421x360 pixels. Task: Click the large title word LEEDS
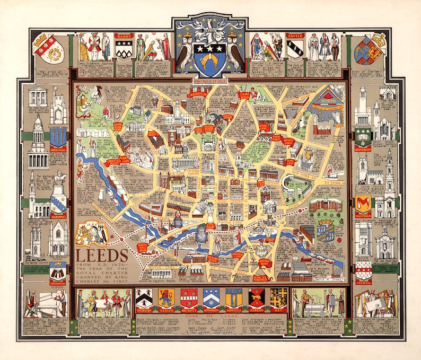click(x=102, y=253)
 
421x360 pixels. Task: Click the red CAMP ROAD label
click(x=244, y=95)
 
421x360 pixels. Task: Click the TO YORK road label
click(x=334, y=182)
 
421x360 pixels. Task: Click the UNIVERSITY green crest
click(x=363, y=136)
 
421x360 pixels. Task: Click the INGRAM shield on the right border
click(x=363, y=273)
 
